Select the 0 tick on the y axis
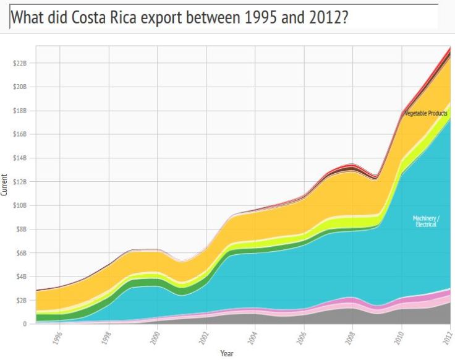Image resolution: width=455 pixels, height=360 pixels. pyautogui.click(x=25, y=324)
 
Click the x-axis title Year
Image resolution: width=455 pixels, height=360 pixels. pyautogui.click(x=227, y=354)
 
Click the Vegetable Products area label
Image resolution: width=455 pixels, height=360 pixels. pyautogui.click(x=425, y=113)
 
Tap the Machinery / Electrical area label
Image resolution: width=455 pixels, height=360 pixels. pyautogui.click(x=425, y=221)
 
